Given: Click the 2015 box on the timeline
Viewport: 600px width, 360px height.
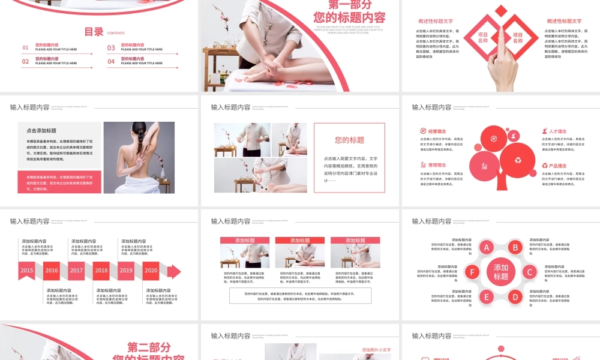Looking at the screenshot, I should (27, 271).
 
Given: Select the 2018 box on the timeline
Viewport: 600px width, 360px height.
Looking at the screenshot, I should (101, 271).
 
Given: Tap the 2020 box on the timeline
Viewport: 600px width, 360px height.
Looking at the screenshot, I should (151, 271).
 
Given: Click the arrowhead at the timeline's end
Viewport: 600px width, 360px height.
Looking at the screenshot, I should (174, 271).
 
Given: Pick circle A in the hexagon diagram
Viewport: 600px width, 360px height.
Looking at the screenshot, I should (487, 247).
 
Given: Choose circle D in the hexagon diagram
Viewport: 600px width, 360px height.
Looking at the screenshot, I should (515, 296).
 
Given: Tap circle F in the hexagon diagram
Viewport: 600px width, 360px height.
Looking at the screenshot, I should (473, 272).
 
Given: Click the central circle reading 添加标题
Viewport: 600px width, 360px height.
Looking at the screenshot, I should (501, 272).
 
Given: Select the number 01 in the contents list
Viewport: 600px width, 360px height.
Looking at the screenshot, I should (26, 47).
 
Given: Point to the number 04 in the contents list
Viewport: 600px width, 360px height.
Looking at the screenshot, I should (111, 61).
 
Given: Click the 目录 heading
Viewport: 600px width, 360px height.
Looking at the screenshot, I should (94, 32).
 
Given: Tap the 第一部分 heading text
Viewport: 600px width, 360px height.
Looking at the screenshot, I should (350, 5).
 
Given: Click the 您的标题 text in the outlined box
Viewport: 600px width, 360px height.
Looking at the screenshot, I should (349, 140).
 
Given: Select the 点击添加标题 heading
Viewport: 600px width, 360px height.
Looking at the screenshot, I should (41, 130).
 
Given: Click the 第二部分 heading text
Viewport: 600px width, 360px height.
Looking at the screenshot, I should (149, 347).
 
